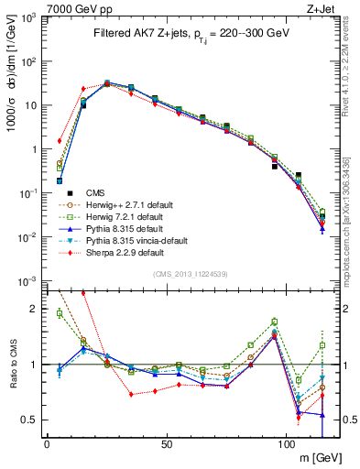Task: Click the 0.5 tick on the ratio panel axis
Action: pos(29,420)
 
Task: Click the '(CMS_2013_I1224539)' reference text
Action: pos(190,272)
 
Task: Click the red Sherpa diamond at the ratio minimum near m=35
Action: pos(131,394)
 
